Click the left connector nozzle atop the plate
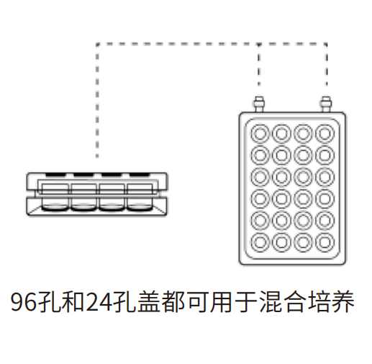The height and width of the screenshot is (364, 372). (x=259, y=105)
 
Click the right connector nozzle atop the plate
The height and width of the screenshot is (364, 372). (x=326, y=105)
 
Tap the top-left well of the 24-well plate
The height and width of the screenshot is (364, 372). (x=260, y=133)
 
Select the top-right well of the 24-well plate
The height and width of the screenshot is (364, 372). (x=325, y=133)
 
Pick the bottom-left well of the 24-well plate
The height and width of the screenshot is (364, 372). (x=260, y=242)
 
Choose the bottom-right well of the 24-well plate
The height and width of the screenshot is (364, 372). (x=325, y=242)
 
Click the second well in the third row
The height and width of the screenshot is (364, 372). (x=281, y=177)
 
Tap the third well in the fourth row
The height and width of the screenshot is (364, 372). (x=303, y=199)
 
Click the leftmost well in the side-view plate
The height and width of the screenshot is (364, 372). (x=55, y=197)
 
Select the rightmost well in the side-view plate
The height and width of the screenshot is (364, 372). (x=140, y=197)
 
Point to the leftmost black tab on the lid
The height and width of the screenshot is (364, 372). (x=55, y=174)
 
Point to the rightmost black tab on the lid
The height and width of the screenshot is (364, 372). (x=139, y=174)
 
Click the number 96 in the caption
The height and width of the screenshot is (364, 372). (x=24, y=302)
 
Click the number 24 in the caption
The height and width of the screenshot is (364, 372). (x=99, y=302)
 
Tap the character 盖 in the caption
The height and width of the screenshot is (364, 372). (x=149, y=301)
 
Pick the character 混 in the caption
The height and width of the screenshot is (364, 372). (x=271, y=301)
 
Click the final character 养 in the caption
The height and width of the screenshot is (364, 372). (x=343, y=301)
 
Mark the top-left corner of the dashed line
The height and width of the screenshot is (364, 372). (x=97, y=44)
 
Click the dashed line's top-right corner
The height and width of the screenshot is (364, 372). (x=326, y=44)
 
